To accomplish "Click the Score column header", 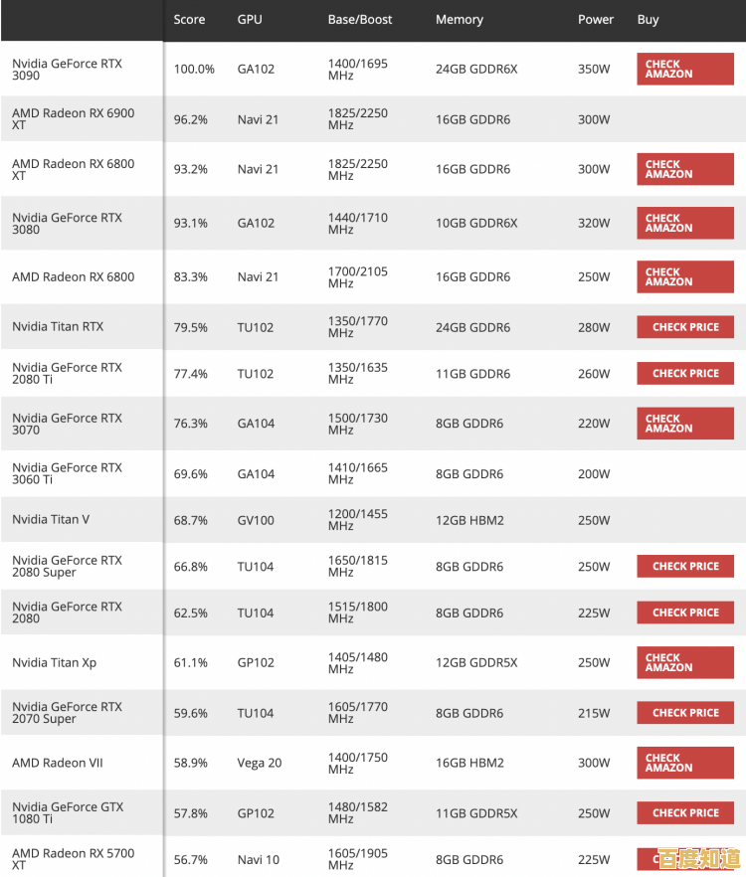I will click(188, 20).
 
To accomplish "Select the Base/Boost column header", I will click(360, 20).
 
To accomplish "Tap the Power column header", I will click(596, 20).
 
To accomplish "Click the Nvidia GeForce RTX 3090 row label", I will click(67, 70).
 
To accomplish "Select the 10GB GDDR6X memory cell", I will click(476, 224).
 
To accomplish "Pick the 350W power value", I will click(594, 70).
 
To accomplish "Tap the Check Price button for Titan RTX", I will click(685, 327).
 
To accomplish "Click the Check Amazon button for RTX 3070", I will click(685, 424).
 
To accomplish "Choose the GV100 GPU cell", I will click(257, 520).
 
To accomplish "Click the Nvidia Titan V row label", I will click(51, 520).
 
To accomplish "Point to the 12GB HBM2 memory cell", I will click(469, 520).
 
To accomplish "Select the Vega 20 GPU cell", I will click(260, 764).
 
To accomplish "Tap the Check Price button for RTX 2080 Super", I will click(685, 567).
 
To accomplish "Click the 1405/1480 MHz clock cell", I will click(358, 663).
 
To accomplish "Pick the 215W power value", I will click(594, 713).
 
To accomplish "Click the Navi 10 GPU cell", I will click(259, 860).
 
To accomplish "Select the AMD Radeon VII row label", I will click(58, 764).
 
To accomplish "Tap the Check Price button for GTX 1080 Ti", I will click(685, 813).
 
